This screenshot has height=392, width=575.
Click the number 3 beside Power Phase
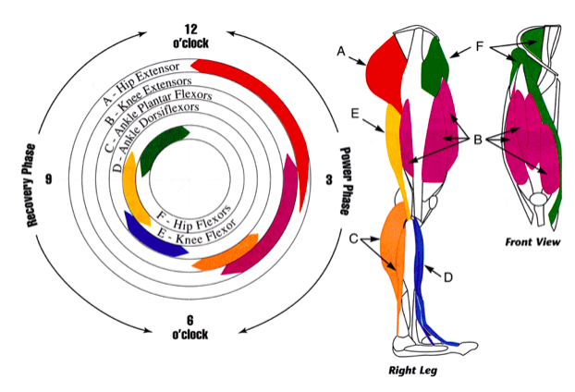click(330, 181)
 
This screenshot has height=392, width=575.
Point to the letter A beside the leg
click(341, 54)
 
